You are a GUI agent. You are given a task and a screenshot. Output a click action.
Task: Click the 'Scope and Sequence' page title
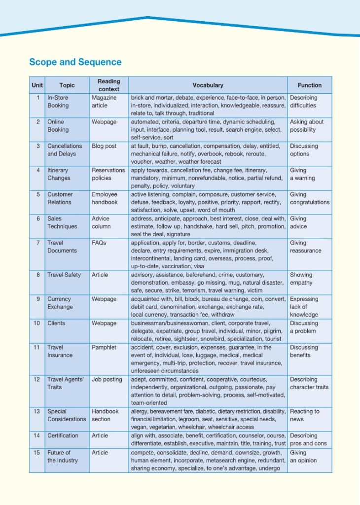75,62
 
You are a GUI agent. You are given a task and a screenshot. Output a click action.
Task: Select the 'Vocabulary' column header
208,85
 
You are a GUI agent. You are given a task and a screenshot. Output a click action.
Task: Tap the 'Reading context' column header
108,85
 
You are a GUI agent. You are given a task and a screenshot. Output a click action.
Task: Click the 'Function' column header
309,85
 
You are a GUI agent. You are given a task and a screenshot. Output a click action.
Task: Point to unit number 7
38,243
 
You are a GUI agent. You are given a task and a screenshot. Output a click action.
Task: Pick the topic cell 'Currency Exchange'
60,303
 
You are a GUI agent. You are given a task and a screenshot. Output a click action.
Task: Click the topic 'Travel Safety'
64,275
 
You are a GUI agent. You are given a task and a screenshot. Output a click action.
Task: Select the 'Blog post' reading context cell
104,146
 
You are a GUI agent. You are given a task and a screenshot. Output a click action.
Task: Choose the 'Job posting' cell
107,380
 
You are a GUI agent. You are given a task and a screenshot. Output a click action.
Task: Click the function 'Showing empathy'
301,279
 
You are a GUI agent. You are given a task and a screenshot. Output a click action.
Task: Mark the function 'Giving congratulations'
310,198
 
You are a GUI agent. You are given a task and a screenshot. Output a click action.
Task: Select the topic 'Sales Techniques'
62,222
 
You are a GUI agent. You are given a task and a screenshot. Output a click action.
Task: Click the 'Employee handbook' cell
105,198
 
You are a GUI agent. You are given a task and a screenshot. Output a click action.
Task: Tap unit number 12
37,380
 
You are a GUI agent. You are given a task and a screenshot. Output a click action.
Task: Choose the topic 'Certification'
63,435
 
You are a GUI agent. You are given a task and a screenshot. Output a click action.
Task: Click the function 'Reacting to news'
304,415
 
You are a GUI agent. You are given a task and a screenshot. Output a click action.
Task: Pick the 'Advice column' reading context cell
103,222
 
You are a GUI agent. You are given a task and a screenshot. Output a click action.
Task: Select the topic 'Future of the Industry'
62,456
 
